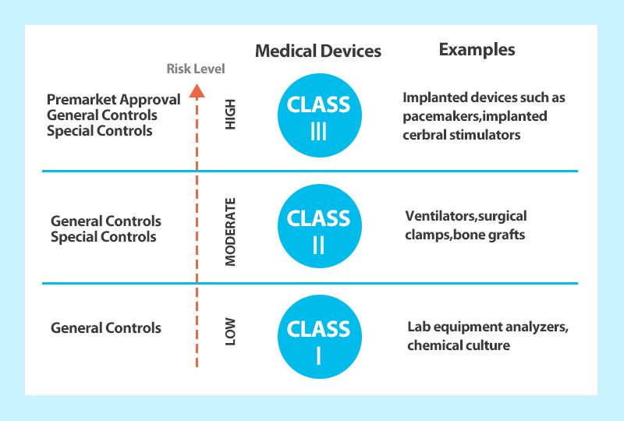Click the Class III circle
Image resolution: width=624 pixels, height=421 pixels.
tap(320, 115)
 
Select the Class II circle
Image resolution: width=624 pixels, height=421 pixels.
tap(320, 226)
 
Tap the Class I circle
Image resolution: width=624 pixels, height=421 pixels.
tap(320, 337)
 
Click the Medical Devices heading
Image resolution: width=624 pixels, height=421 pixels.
tap(318, 51)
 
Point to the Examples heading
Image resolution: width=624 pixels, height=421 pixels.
tap(477, 50)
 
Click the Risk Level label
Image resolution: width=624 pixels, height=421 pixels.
tap(196, 69)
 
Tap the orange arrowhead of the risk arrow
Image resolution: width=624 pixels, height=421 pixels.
tap(197, 90)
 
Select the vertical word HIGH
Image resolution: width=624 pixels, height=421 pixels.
tap(230, 114)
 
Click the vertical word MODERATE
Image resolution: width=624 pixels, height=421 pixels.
tap(230, 232)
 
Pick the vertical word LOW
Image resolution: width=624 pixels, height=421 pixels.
tap(230, 331)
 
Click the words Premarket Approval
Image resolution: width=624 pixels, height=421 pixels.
tap(113, 100)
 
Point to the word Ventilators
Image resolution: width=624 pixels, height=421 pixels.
tap(441, 216)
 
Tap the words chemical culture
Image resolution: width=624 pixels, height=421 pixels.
tap(459, 345)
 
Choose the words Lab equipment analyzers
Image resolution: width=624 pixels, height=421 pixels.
tap(487, 327)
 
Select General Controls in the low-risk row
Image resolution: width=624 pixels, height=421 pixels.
tap(106, 328)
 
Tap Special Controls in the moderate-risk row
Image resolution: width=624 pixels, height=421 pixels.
tap(104, 237)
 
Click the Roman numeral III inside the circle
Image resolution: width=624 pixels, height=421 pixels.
tap(319, 131)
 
